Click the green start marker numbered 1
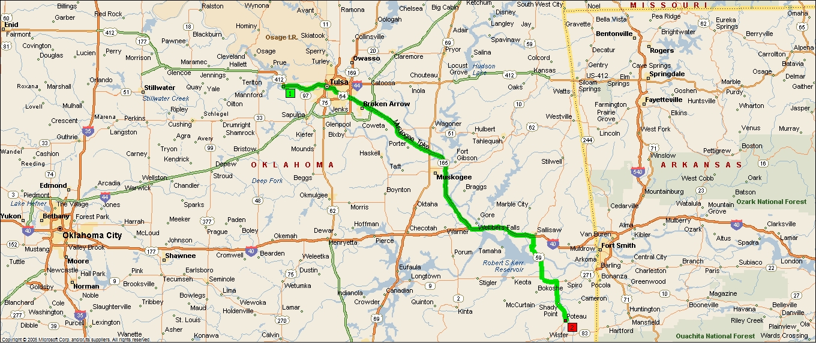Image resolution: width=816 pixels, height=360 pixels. [290, 93]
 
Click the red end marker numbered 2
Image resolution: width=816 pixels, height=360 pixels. [572, 327]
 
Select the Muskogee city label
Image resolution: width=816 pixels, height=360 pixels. [454, 177]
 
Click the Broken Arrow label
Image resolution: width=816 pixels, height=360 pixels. [386, 104]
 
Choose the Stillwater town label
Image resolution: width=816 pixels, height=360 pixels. [159, 88]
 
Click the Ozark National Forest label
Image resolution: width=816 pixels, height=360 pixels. [771, 202]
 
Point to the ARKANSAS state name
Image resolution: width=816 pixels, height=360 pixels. [701, 164]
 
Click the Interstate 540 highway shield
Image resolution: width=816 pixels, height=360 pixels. [638, 172]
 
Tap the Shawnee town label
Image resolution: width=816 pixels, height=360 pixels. [180, 256]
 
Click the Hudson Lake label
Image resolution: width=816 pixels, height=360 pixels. [484, 69]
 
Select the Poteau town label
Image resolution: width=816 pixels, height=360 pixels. [577, 316]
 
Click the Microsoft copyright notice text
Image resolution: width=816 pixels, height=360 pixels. [76, 340]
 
